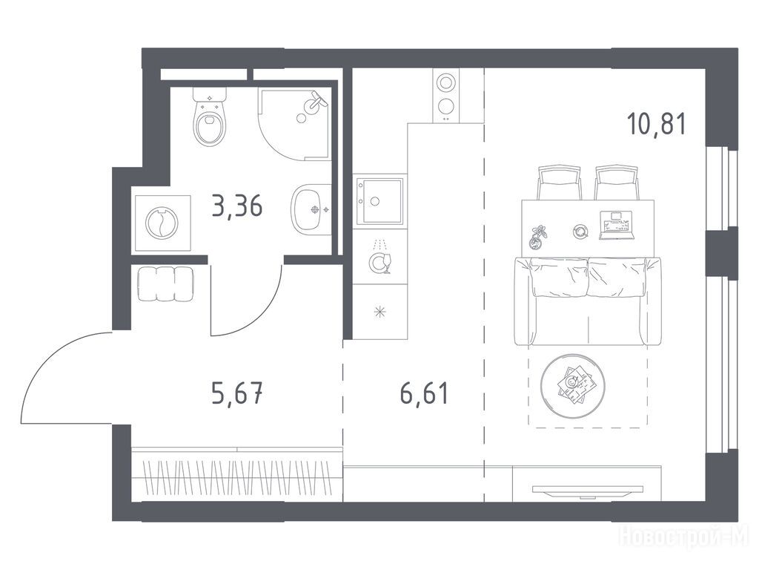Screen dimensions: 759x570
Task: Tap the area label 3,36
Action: [237, 206]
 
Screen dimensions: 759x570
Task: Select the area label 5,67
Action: [237, 393]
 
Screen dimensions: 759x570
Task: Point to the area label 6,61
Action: [425, 393]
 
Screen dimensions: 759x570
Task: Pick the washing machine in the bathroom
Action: [162, 223]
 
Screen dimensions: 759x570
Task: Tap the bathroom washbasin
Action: [311, 210]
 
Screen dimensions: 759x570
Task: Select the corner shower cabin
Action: [294, 123]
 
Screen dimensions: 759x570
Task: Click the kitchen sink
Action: [379, 201]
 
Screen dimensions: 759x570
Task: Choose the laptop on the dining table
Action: [616, 226]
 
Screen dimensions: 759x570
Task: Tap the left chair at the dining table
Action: [559, 183]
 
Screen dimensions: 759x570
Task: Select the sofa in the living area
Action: [587, 301]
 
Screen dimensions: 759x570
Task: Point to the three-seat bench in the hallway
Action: [165, 284]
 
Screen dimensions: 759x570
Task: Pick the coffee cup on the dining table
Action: [580, 232]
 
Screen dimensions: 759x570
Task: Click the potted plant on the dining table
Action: [537, 237]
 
